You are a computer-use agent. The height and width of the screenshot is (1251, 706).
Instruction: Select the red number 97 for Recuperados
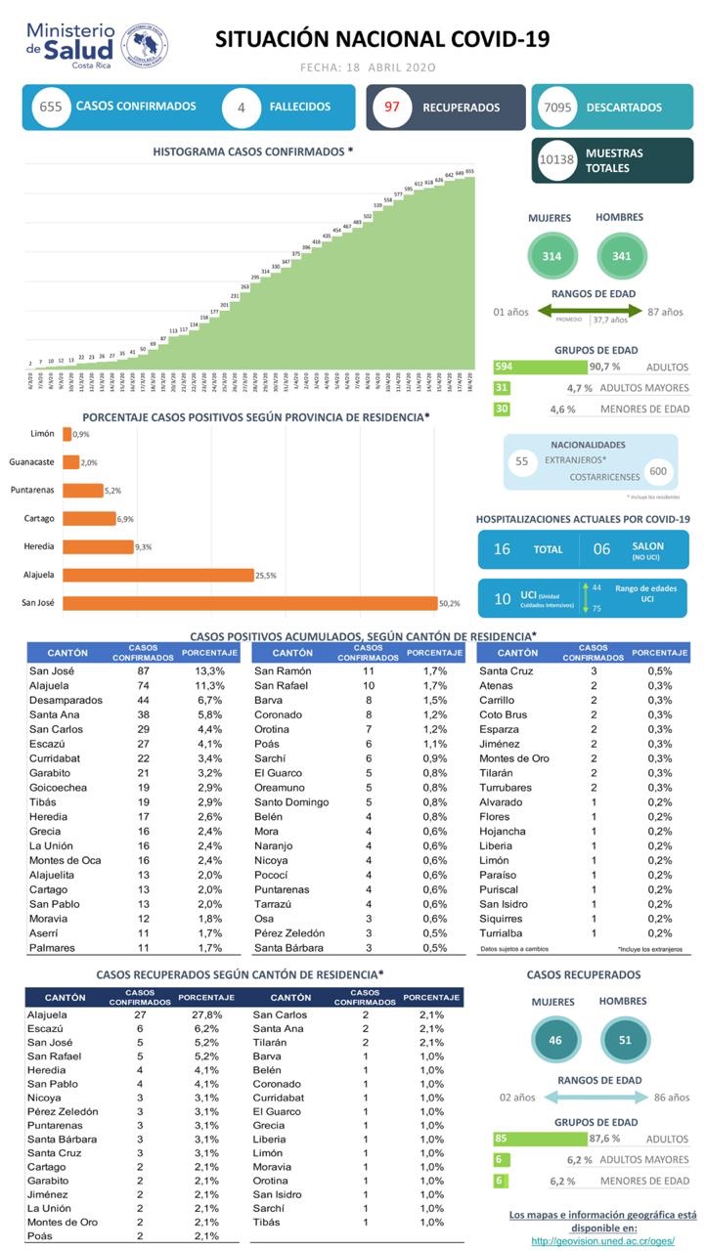coord(392,108)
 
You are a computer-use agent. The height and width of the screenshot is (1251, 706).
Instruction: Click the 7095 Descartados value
coord(556,108)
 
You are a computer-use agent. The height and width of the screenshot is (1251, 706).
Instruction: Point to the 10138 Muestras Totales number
coord(556,160)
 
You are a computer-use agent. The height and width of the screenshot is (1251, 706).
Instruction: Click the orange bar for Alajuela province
coord(157,575)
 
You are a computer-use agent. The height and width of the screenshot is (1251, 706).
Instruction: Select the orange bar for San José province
coord(249,603)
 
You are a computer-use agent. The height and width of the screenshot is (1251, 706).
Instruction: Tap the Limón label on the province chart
coord(42,433)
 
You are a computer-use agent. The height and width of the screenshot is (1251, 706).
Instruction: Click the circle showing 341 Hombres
coord(619,256)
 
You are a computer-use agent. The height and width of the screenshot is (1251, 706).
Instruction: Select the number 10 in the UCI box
coord(502,598)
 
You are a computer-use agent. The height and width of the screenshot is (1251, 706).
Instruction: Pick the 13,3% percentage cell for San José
coord(209,671)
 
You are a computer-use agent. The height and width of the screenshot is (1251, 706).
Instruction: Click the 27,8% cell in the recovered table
coord(209,1015)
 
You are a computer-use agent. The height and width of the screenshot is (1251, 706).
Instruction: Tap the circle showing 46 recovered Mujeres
coord(555,1040)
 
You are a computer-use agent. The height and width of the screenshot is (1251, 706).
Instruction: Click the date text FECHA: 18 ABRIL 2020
coord(367,67)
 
